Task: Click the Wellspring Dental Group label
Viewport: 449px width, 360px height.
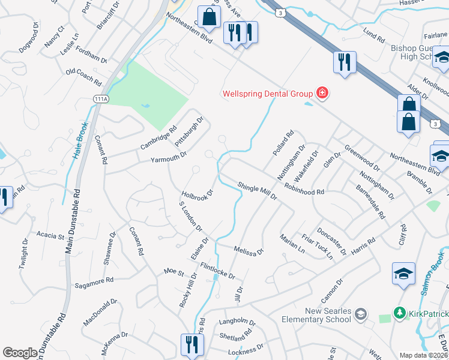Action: pos(267,94)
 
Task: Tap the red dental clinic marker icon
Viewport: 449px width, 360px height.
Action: pos(322,93)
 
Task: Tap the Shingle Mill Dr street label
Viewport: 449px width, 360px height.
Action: pos(256,191)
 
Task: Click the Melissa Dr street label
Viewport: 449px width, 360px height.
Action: pos(249,250)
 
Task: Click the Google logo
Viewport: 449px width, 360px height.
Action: pos(20,353)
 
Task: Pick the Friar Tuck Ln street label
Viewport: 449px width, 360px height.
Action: pos(316,247)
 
